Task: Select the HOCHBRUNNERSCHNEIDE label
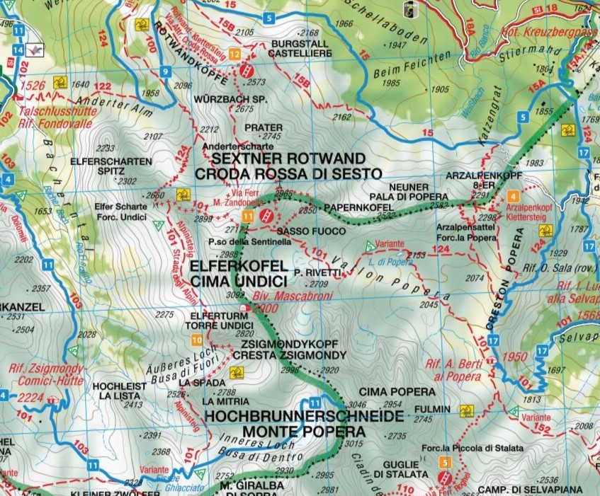tap(305, 415)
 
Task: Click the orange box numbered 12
tap(234, 54)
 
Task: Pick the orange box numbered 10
tap(196, 340)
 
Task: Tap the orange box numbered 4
tap(513, 195)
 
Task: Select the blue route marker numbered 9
tap(164, 71)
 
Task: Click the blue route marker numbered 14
tap(18, 50)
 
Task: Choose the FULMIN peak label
tap(433, 409)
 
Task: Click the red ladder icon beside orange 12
tap(247, 69)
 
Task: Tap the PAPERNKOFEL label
tap(359, 207)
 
